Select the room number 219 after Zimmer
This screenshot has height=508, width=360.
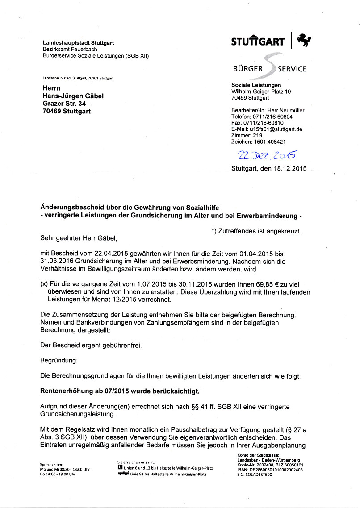(x=257, y=135)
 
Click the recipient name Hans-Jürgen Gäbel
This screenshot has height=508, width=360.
(x=73, y=96)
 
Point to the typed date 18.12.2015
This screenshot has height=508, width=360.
(x=288, y=169)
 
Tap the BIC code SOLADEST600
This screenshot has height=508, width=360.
(x=260, y=475)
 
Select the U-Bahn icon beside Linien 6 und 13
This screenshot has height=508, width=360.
(x=120, y=467)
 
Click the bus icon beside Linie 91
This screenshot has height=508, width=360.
(x=123, y=473)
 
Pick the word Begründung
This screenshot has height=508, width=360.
(x=59, y=359)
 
